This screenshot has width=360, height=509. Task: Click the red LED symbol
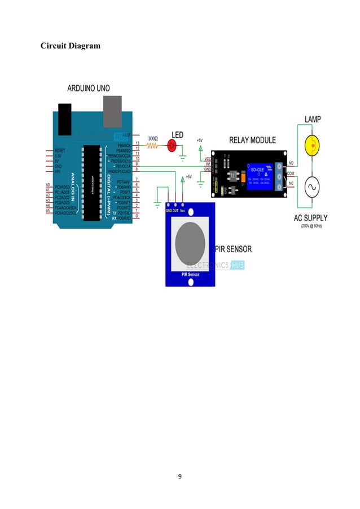(173, 146)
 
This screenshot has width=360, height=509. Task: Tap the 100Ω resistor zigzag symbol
(152, 146)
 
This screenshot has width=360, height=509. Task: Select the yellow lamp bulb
(310, 146)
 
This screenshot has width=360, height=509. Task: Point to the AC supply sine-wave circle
(310, 187)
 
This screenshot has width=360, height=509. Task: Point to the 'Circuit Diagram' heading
(71, 45)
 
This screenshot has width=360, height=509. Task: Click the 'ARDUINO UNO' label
(89, 88)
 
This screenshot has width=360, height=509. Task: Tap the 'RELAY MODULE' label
(252, 140)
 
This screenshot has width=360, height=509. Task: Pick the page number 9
(179, 477)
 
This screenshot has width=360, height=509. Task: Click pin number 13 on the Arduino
(138, 144)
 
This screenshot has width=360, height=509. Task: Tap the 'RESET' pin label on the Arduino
(61, 151)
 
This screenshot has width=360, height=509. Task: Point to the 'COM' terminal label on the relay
(291, 173)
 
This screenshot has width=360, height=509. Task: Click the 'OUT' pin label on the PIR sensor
(175, 210)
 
